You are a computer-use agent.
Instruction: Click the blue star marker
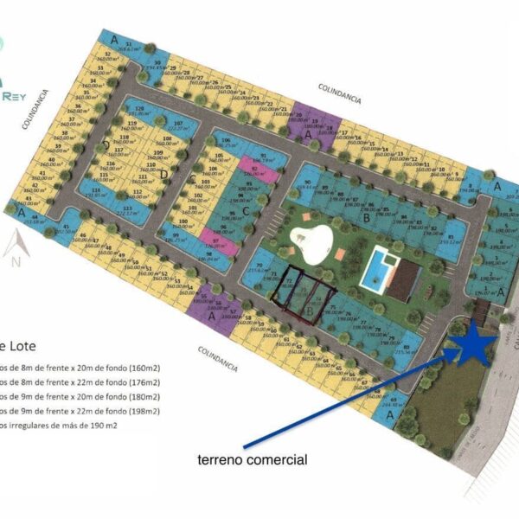[473, 345]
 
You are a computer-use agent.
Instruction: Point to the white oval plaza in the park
[313, 243]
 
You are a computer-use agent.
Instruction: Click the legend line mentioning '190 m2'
[61, 425]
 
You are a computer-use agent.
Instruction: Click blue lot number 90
[307, 183]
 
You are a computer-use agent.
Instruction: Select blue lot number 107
[178, 126]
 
